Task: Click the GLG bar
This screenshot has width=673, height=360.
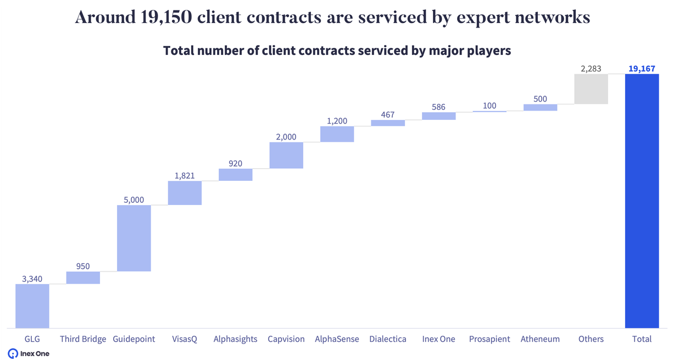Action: pos(32,306)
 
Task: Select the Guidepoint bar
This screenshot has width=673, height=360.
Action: pos(134,238)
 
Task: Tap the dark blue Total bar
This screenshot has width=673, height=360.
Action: pos(642,201)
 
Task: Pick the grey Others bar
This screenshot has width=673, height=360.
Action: pos(591,89)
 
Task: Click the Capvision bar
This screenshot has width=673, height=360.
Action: pos(286,155)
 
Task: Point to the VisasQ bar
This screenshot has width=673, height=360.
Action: pos(185,193)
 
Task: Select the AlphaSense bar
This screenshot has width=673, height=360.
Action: pos(337,134)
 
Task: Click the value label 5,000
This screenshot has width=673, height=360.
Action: pos(134,200)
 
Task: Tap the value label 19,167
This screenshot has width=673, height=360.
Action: pos(642,69)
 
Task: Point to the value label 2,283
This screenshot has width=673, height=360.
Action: pos(591,69)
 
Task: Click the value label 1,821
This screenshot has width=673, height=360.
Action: pos(185,176)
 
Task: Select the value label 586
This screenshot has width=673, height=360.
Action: pos(438,107)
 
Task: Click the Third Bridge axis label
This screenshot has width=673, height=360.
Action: pos(83,339)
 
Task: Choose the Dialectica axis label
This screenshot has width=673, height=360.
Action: pos(388,339)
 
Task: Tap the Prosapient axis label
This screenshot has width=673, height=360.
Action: pos(490,339)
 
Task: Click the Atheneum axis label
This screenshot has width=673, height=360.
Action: pos(540,339)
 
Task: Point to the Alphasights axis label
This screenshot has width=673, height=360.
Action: pos(235,339)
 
